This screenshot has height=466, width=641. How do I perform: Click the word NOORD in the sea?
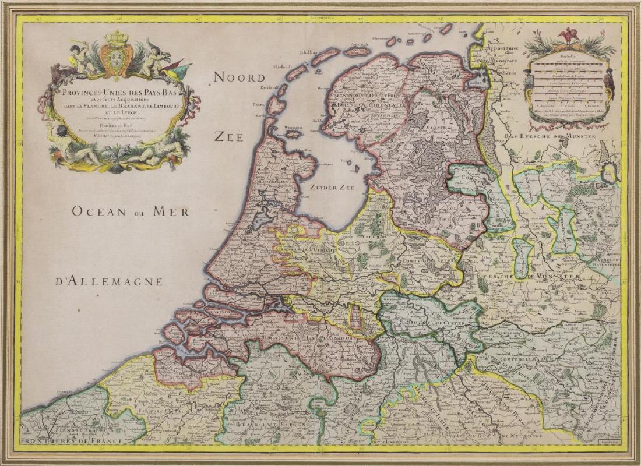[x=239, y=77]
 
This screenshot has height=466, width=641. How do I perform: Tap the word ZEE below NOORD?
[x=228, y=136]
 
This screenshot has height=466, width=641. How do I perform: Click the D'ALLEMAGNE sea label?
[x=109, y=282]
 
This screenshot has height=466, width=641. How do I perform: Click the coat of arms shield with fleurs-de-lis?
[x=117, y=61]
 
